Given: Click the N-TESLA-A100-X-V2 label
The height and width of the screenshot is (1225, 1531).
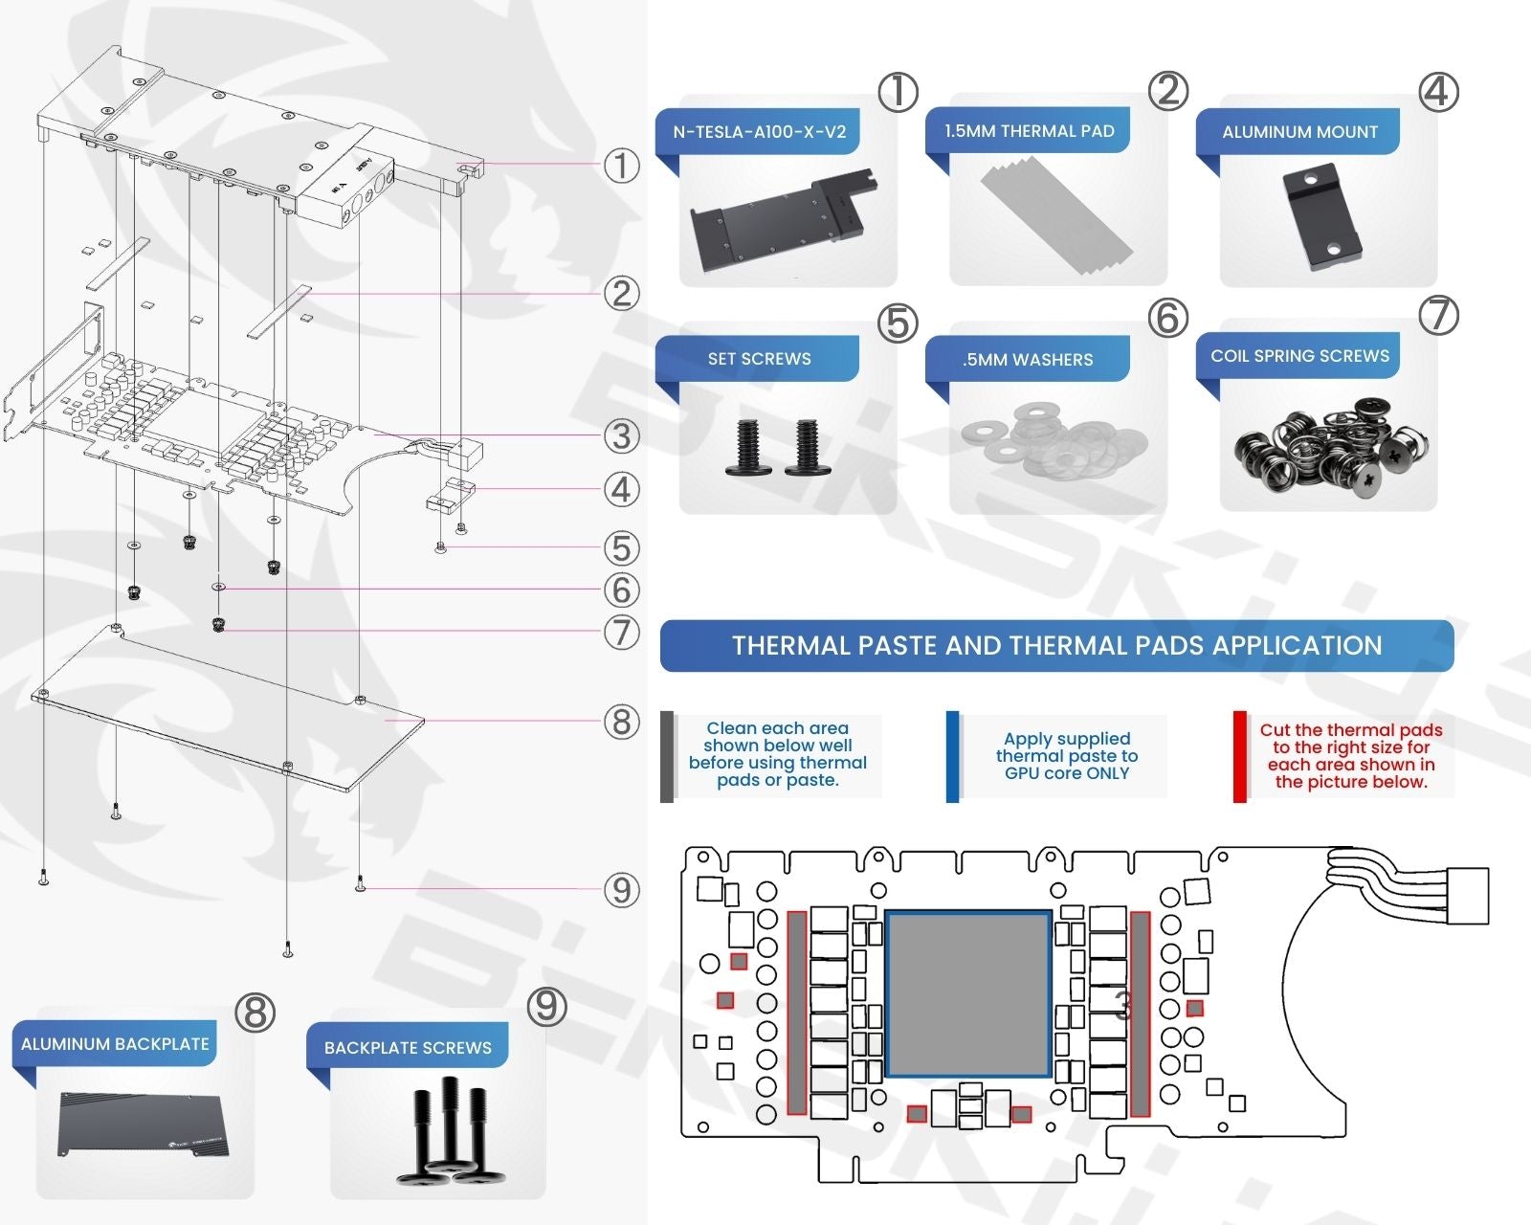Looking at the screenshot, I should click(759, 132).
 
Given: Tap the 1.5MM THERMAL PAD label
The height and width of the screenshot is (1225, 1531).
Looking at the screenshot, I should click(1029, 131).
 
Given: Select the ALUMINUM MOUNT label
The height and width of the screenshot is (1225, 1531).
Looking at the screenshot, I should click(1299, 132).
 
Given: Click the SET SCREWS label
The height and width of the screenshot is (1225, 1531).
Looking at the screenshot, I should click(759, 359).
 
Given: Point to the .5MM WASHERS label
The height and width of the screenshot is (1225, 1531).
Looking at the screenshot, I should click(1028, 360).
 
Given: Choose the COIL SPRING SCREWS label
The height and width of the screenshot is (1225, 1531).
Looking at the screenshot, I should click(1299, 356).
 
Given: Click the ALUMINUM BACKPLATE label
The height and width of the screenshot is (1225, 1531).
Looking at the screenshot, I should click(115, 1044).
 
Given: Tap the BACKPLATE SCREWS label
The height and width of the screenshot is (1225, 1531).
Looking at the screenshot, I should click(408, 1048).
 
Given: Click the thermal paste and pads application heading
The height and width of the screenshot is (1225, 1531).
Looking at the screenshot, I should click(1056, 646).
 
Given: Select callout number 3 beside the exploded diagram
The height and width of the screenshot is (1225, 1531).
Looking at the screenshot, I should click(621, 436).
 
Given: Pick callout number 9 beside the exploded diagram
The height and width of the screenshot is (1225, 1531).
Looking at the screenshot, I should click(621, 890).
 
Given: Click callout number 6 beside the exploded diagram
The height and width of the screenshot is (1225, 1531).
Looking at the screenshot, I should click(621, 590).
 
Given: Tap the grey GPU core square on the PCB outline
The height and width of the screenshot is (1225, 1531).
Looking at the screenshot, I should click(968, 993).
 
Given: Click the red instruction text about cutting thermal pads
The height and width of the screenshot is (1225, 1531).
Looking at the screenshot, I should click(1350, 756).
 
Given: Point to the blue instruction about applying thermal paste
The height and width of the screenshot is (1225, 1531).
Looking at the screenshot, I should click(1066, 756).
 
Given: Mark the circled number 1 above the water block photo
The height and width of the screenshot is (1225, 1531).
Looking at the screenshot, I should click(898, 93).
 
